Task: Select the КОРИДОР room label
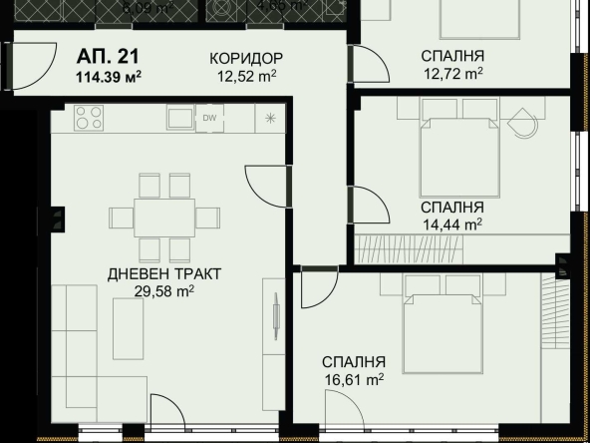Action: pos(246,57)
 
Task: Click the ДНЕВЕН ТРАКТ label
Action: pos(164,272)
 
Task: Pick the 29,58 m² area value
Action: pos(164,290)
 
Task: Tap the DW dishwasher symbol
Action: pos(210,118)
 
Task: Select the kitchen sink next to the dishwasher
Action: pos(179,118)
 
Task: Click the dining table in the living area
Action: pos(164,217)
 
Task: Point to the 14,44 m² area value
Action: pos(450,223)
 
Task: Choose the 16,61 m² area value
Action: pos(353,378)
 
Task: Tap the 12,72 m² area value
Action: pos(451,73)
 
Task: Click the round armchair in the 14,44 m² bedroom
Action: pos(521,126)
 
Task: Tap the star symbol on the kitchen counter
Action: pos(270,118)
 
